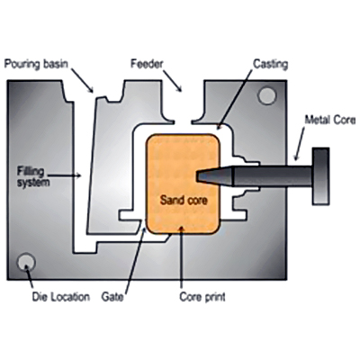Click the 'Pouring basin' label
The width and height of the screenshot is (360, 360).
(x=36, y=64)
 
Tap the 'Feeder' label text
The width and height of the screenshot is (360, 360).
(x=147, y=64)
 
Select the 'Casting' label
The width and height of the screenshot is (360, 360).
(x=271, y=64)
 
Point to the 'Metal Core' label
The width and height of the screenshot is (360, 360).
(x=330, y=120)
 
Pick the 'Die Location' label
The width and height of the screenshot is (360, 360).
(x=61, y=297)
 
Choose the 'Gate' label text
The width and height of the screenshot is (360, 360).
(x=112, y=297)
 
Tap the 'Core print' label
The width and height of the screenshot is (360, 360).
(x=202, y=297)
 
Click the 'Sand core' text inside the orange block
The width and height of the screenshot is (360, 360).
(x=184, y=200)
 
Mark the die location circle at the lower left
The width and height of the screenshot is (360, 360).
(x=26, y=263)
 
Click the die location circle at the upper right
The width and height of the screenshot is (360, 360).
(x=266, y=95)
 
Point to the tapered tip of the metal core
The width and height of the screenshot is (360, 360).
(x=198, y=175)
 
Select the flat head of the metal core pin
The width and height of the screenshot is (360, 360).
(x=320, y=176)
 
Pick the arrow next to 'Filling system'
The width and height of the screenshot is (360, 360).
(x=65, y=175)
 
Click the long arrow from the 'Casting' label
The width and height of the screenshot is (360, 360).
(x=234, y=97)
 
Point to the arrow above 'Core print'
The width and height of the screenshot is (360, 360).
(x=181, y=258)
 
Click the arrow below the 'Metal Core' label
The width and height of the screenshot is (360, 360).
(x=300, y=144)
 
